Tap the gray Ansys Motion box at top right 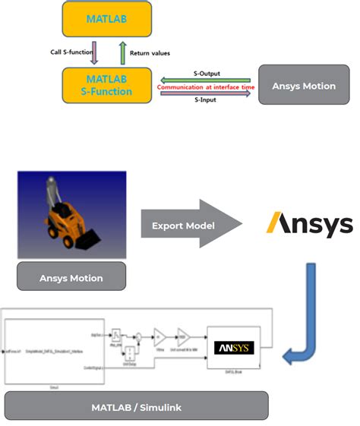pyautogui.click(x=304, y=86)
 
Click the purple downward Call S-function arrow pyautogui.click(x=94, y=54)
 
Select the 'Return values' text pyautogui.click(x=150, y=53)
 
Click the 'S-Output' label pyautogui.click(x=205, y=73)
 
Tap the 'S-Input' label pyautogui.click(x=204, y=99)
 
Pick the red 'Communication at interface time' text pyautogui.click(x=204, y=87)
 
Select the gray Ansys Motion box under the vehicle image pyautogui.click(x=71, y=278)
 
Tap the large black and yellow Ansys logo pyautogui.click(x=309, y=225)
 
